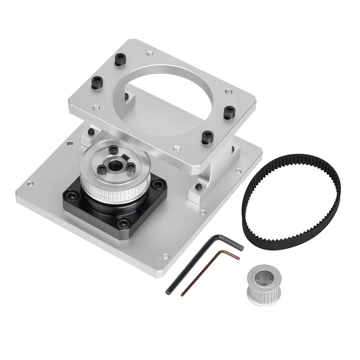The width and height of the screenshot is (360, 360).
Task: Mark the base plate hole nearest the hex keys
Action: point(166,257)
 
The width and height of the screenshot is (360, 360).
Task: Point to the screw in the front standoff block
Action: point(198,186)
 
